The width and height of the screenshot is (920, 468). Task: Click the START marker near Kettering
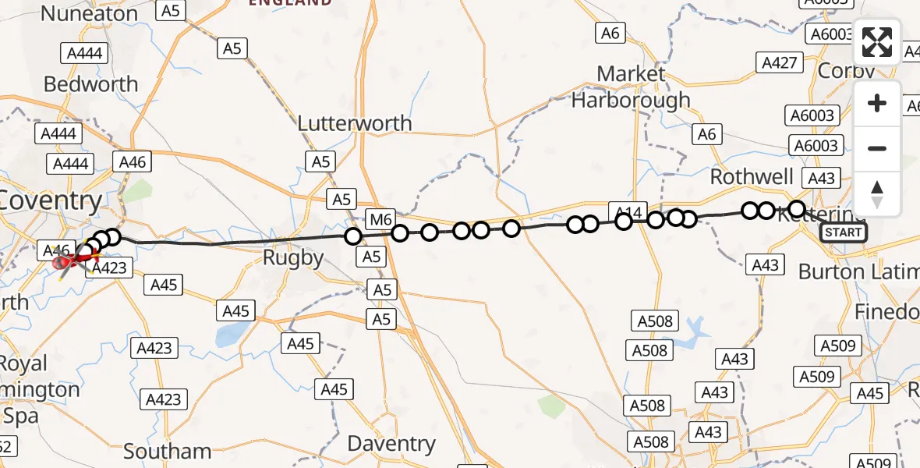click(x=844, y=232)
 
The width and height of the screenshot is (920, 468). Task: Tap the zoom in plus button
click(x=877, y=104)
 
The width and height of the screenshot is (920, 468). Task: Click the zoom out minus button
click(x=877, y=148)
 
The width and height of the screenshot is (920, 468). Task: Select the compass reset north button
click(x=877, y=193)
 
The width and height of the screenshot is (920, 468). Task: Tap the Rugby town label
click(x=293, y=258)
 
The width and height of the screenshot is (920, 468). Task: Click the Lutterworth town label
click(x=355, y=123)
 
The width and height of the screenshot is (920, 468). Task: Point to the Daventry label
click(x=391, y=444)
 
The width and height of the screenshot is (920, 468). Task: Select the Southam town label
click(x=167, y=452)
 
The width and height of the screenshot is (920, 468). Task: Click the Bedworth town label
click(x=90, y=84)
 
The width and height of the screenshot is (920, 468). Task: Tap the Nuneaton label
click(x=89, y=14)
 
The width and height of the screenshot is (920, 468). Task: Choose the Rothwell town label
click(x=752, y=176)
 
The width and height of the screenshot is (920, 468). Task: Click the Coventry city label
click(x=51, y=201)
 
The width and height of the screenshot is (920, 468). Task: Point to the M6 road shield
click(x=381, y=220)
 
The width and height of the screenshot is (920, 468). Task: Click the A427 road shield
click(x=779, y=63)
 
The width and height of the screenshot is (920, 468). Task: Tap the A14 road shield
click(x=628, y=211)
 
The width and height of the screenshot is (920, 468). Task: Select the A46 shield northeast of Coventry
click(x=130, y=161)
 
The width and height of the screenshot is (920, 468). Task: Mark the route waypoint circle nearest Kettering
click(x=797, y=208)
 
